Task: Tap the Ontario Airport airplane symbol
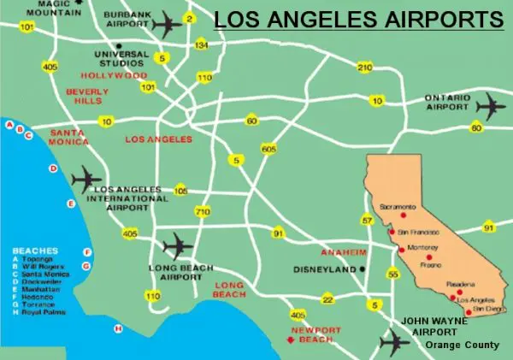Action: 491,108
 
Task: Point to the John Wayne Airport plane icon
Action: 394,343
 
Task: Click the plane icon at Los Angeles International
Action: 87,180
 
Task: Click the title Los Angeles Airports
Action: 358,19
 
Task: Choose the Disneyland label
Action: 326,269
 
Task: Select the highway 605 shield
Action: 269,149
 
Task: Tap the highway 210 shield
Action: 365,67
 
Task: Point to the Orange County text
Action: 463,345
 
